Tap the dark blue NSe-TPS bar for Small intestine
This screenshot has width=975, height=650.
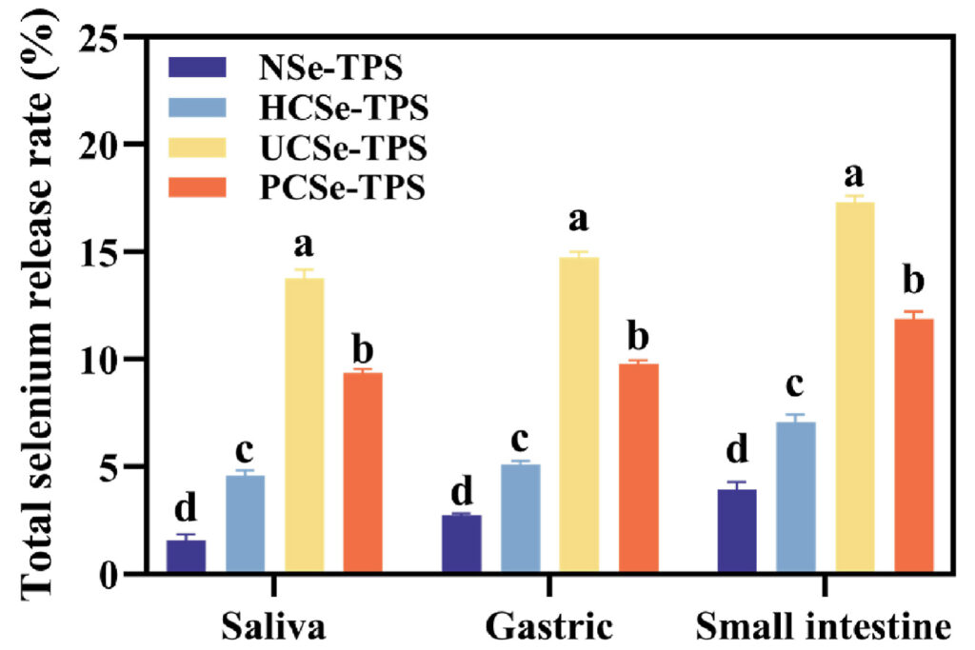point(736,531)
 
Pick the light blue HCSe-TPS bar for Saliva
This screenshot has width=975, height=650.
point(246,524)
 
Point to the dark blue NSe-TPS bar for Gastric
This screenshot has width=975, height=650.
point(463,543)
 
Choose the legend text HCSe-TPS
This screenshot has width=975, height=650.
point(344,108)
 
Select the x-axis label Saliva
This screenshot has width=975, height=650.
point(275,627)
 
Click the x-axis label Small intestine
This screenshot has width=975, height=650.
point(825,627)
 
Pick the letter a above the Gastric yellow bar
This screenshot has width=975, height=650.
point(579,220)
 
